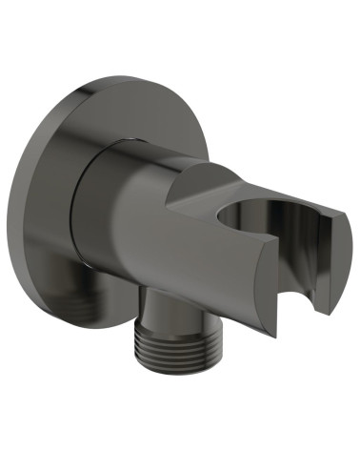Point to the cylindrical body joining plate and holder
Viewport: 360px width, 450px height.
[143, 219]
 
